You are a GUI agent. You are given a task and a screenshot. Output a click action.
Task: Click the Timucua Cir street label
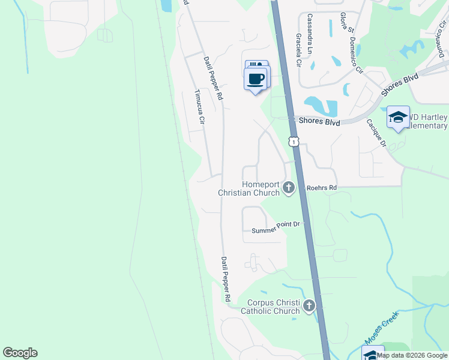[x=200, y=108]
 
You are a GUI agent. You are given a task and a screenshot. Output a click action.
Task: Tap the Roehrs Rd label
[x=322, y=188]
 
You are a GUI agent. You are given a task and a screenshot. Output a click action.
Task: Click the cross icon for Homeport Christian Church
[x=289, y=188]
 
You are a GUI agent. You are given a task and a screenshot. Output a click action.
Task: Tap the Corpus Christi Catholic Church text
[x=270, y=307]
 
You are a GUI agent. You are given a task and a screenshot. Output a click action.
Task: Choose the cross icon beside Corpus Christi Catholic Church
[x=309, y=307]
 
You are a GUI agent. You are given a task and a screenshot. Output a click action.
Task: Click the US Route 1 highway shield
[x=293, y=141]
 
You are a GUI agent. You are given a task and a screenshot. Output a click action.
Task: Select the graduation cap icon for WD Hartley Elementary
[x=398, y=117]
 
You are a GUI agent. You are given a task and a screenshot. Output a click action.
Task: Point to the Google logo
[x=20, y=353]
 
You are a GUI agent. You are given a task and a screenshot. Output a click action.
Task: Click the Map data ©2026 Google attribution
[x=412, y=355]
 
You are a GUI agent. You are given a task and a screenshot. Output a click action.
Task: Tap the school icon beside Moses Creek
[x=373, y=354]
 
